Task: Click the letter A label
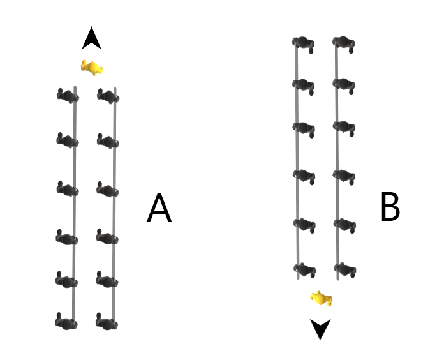click(159, 209)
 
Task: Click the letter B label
click(390, 207)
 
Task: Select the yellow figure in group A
click(93, 67)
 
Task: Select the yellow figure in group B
click(321, 297)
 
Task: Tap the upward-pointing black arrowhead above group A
click(92, 39)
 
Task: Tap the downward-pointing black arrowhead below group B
click(320, 328)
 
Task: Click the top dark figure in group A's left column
click(67, 96)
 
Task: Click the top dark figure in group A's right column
click(107, 97)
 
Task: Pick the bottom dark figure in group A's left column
click(66, 321)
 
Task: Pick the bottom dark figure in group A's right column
click(106, 321)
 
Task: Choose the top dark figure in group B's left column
click(303, 43)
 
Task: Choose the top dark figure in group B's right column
click(343, 43)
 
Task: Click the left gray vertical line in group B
click(297, 153)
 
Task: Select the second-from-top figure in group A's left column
click(67, 139)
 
